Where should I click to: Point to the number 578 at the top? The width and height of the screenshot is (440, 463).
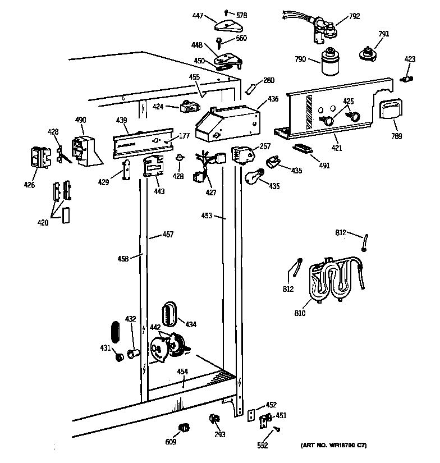point(241,15)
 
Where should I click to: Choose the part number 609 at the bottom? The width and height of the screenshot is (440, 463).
point(171,442)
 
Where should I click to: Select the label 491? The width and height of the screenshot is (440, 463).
point(324,166)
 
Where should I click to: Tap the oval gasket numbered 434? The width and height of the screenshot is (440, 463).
point(170,313)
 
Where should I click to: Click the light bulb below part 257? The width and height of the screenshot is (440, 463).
point(253,176)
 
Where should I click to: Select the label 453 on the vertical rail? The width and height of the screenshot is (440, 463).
point(206,216)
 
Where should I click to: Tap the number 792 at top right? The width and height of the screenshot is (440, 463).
point(354,16)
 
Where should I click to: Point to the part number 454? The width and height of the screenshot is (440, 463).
point(182,372)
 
